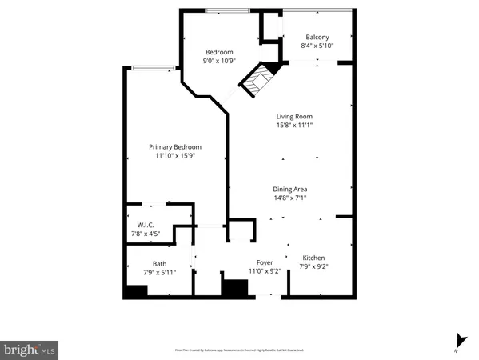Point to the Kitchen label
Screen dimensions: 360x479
(x=313, y=258)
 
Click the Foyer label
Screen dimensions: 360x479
(x=265, y=262)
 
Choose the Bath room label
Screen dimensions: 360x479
(x=160, y=263)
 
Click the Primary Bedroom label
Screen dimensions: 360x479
(x=175, y=146)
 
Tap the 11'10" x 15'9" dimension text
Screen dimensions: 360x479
(x=175, y=156)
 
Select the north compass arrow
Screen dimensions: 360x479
(x=458, y=340)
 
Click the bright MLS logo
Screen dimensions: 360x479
(x=30, y=350)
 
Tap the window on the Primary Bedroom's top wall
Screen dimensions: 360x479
(x=154, y=68)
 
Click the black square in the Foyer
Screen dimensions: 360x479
(x=234, y=289)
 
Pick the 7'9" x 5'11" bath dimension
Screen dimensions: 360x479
(x=160, y=273)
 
